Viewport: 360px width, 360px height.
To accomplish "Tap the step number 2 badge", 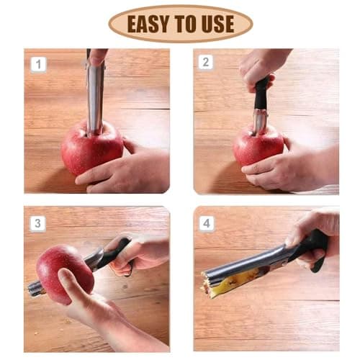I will [x=206, y=62].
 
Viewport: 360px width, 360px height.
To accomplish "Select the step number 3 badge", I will [x=37, y=223].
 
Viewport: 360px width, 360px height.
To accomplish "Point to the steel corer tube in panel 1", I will [x=95, y=97].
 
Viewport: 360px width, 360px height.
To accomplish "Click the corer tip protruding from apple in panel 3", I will [x=35, y=289].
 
